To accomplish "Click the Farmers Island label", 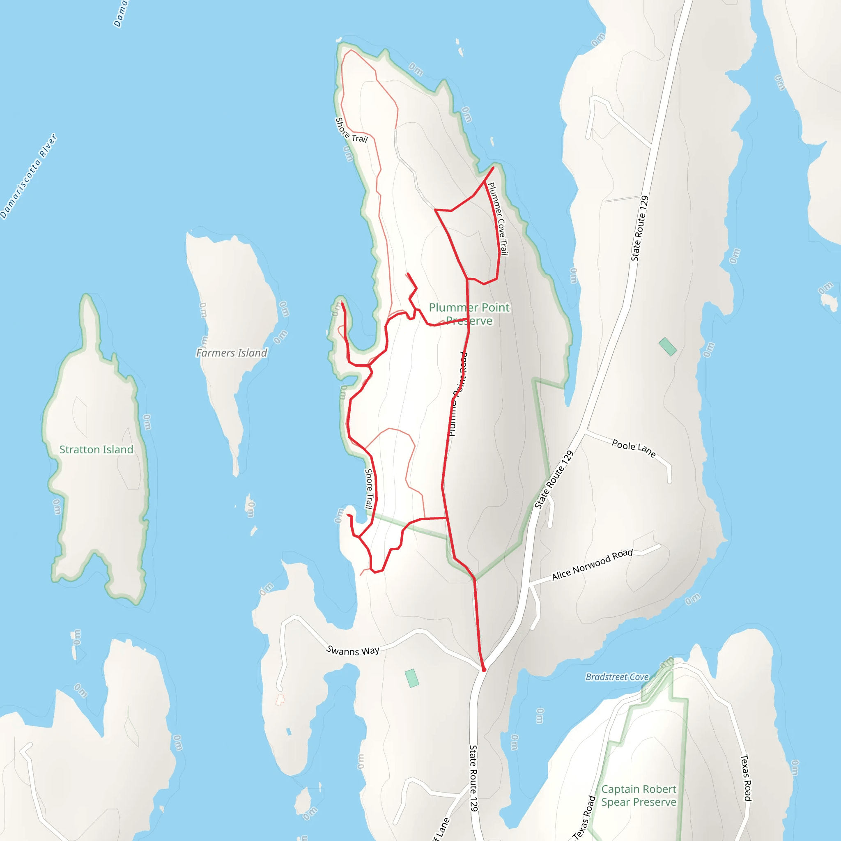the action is [231, 353].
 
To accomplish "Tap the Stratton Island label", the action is [96, 449].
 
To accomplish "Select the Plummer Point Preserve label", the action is [469, 314].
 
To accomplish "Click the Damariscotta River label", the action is [29, 176].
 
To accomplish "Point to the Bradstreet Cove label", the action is [617, 677].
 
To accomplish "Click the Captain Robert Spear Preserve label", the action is [639, 795].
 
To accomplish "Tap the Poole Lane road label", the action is [633, 448].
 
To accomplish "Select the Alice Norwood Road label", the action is [592, 565].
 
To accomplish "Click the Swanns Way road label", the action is [353, 650].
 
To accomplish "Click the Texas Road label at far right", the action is [746, 777].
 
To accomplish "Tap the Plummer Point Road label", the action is [457, 394].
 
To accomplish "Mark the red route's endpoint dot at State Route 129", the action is [484, 669].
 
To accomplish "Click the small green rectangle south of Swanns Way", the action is [411, 678].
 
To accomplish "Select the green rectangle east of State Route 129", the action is [667, 347].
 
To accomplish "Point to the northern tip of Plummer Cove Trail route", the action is [493, 167].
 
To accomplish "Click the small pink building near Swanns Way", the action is [280, 700].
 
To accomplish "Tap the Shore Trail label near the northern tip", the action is [351, 130].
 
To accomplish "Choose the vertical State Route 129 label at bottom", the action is [473, 778].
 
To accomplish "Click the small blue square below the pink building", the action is [289, 732].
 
